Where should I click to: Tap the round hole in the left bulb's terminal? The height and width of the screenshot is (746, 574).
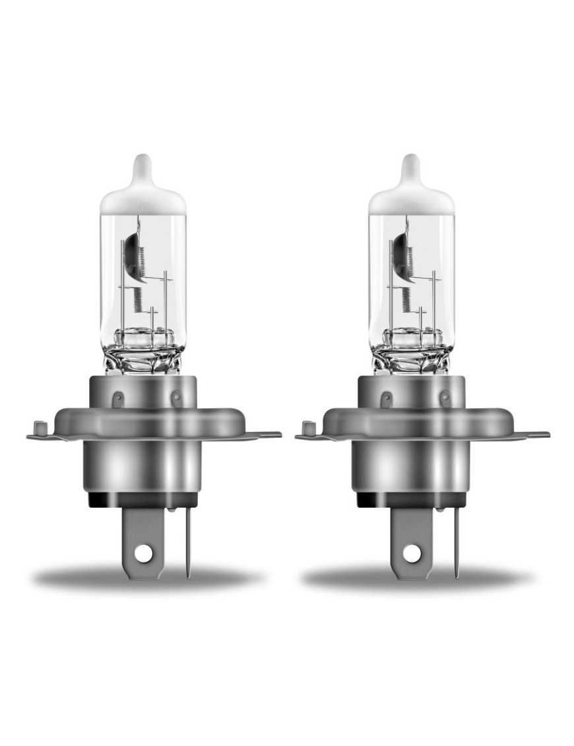tap(142, 555)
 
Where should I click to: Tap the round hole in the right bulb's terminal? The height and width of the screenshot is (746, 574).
tap(410, 555)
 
